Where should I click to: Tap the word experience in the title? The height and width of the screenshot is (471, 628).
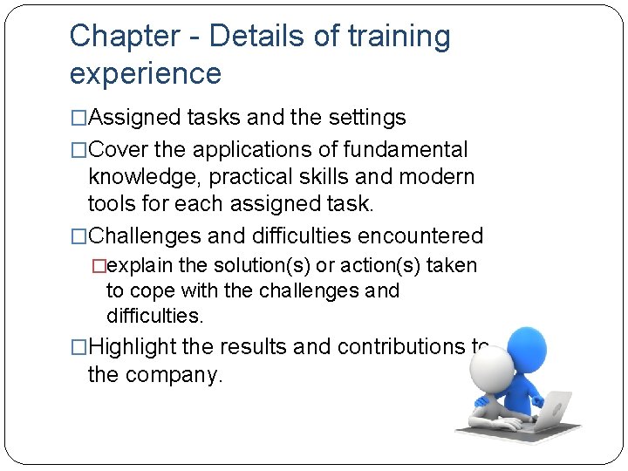coord(146,74)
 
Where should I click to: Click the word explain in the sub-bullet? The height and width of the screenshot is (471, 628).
coord(145,265)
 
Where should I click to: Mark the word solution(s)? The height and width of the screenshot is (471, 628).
coord(254,265)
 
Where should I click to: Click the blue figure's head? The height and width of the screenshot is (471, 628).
coord(527,346)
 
